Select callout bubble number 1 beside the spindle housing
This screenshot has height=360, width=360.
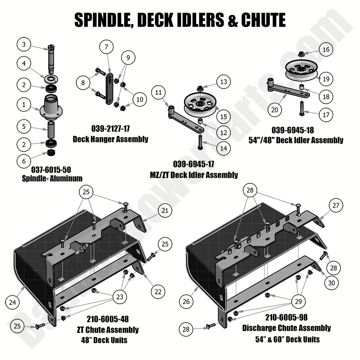pyautogui.click(x=24, y=105)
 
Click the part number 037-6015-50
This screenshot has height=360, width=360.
pyautogui.click(x=51, y=170)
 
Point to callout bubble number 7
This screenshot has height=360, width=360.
pyautogui.click(x=106, y=47)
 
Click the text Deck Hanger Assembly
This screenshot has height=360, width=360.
pyautogui.click(x=110, y=139)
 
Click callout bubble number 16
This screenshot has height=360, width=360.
pyautogui.click(x=326, y=50)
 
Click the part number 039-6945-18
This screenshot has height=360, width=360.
pyautogui.click(x=293, y=130)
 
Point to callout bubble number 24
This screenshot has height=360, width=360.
pyautogui.click(x=12, y=302)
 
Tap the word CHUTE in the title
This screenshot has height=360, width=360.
pyautogui.click(x=263, y=20)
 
